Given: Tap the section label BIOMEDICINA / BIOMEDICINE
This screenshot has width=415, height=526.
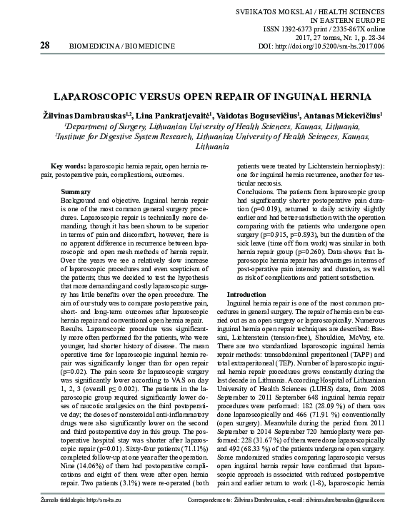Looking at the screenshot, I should tap(121, 46).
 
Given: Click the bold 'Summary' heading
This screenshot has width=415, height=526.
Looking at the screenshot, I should tap(76, 193).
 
